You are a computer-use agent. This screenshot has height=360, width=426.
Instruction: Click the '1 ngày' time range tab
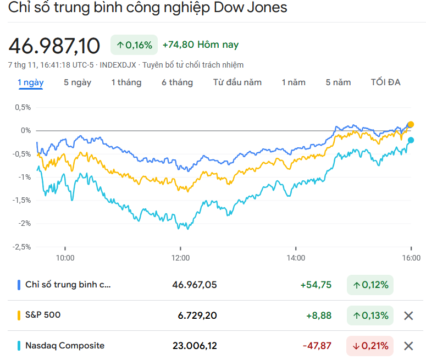pos(31,82)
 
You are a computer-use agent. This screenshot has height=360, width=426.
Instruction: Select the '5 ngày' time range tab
pos(78,82)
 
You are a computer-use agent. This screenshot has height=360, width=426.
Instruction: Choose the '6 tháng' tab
pos(177,82)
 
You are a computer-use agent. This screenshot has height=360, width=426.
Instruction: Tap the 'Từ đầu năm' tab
pos(237,82)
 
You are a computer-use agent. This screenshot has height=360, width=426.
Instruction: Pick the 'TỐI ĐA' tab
pos(386,82)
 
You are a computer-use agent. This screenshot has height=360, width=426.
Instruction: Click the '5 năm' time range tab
pos(338,82)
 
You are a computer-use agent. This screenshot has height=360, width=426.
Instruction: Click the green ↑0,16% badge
pos(134,45)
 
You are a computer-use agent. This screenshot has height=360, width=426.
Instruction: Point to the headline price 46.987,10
pos(54,46)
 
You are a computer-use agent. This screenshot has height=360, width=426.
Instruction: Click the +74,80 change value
pos(179,45)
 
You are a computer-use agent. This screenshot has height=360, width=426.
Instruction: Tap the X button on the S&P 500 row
pos(408,315)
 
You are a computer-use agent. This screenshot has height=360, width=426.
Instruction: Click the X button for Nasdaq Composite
pos(408,346)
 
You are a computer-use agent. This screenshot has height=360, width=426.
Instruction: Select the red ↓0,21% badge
pos(370,346)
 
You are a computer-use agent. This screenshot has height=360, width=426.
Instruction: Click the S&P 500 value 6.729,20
pos(197,315)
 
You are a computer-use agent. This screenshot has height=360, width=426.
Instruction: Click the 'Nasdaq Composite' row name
pos(65,346)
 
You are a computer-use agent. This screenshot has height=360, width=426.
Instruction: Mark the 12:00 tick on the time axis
pos(180,257)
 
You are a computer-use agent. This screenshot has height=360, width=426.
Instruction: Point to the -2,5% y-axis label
pos(23,247)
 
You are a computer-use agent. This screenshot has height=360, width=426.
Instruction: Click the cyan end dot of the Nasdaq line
pos(411,140)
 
